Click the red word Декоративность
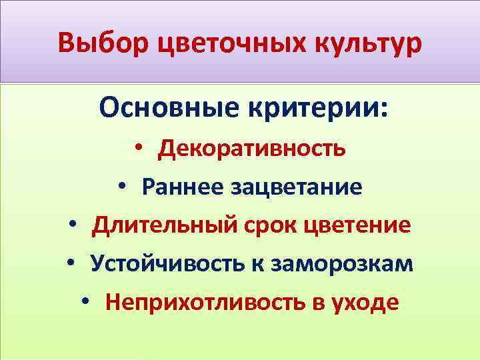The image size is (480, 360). (x=251, y=148)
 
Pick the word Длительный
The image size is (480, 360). (x=163, y=225)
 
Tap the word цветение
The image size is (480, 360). (x=357, y=225)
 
